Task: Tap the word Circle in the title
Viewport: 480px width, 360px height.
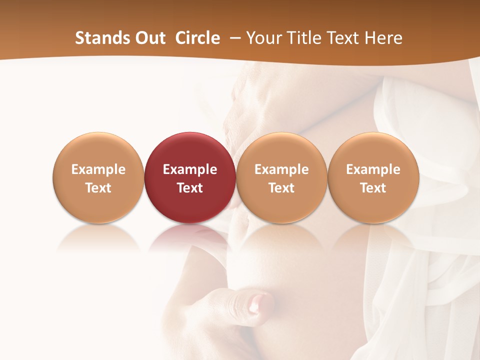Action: tap(197, 38)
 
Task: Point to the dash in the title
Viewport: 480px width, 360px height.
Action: tap(234, 38)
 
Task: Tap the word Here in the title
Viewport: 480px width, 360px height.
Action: tap(382, 38)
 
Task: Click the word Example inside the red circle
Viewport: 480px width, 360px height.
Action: tap(190, 169)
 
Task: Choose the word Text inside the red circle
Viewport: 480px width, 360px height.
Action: tap(190, 188)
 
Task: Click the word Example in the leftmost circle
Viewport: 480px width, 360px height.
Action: tap(98, 169)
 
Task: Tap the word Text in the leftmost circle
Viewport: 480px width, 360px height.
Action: tap(98, 188)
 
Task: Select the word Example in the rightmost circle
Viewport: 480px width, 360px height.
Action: tap(373, 169)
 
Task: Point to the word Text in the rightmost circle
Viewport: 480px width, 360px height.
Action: tap(373, 188)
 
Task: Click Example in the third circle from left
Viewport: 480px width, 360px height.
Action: tap(281, 169)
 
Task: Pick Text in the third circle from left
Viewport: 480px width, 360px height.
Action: tap(281, 188)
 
